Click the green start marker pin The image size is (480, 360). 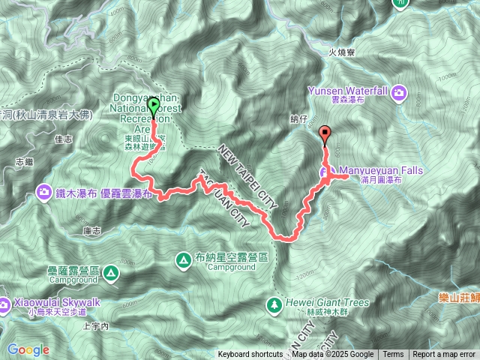(153, 107)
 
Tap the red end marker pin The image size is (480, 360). (325, 135)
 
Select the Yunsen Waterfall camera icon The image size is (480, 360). (400, 93)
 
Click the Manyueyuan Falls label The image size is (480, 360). (380, 171)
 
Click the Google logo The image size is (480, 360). (28, 349)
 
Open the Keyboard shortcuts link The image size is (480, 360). (251, 355)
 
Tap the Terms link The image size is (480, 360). (393, 355)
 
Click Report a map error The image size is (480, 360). (443, 355)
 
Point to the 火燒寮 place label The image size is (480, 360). (341, 52)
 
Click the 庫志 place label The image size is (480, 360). (92, 231)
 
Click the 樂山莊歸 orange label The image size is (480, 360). (459, 297)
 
